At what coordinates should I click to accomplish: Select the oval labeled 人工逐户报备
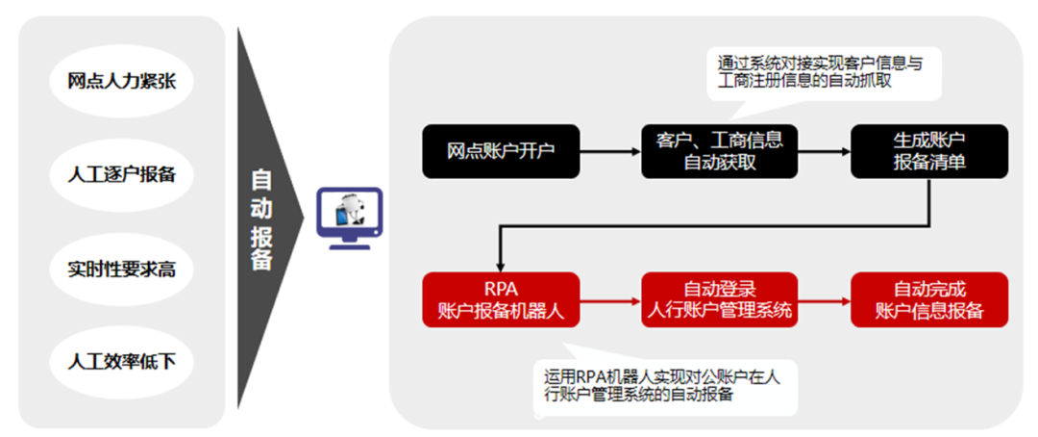pos(122,175)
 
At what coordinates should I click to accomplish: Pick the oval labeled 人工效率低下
pos(122,362)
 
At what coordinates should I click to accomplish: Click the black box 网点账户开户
pos(501,151)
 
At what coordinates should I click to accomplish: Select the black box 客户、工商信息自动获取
pos(720,151)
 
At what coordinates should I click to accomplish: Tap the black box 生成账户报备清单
pos(929,151)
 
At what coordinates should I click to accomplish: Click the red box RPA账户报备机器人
pos(501,299)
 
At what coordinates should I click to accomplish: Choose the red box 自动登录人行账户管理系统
pos(720,299)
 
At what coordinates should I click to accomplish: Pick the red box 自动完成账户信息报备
pos(929,299)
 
